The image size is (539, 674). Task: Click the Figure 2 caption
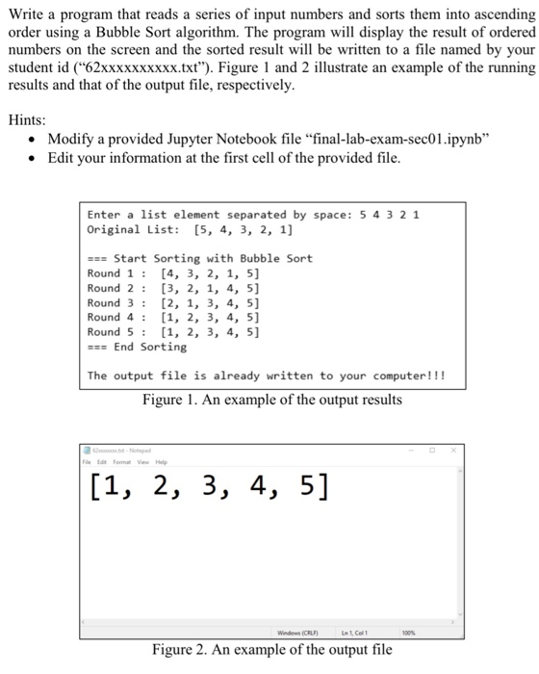tap(271, 650)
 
